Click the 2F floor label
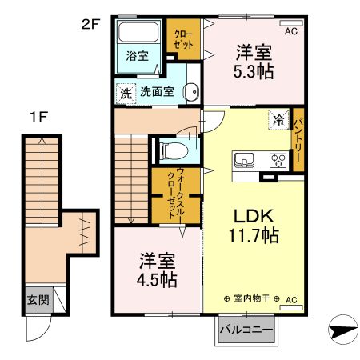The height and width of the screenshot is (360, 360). click(90, 23)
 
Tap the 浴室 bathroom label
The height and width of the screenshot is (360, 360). click(137, 55)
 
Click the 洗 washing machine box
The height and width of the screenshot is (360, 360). click(126, 91)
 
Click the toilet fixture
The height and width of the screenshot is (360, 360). click(171, 150)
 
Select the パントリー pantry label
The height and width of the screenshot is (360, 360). click(297, 139)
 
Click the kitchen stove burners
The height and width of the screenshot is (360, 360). click(278, 159)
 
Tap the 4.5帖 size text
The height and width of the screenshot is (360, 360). click(156, 281)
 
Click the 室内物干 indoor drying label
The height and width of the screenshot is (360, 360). click(253, 299)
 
